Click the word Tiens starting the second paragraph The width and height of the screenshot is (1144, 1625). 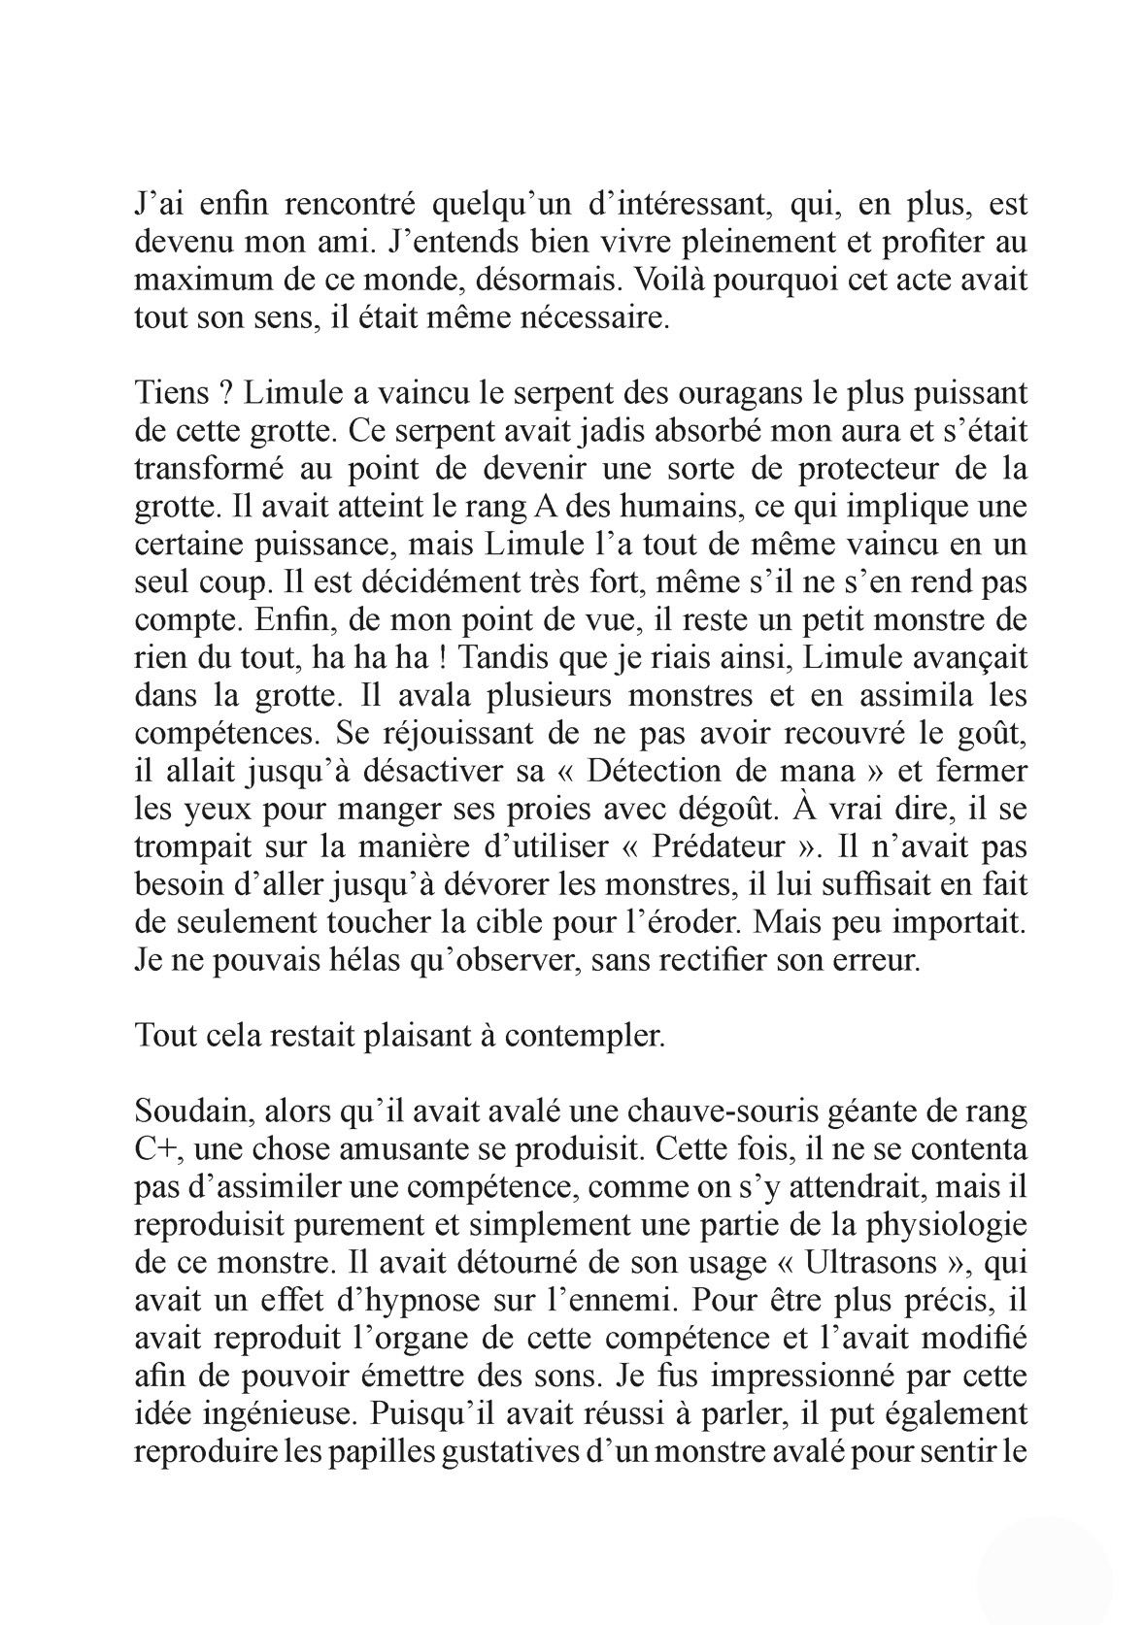[x=171, y=394]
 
